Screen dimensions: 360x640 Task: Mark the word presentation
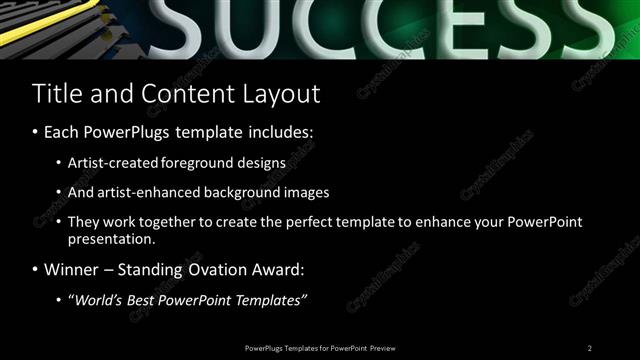click(111, 240)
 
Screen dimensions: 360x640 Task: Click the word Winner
click(71, 270)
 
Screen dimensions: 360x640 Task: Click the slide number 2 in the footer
click(590, 347)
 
